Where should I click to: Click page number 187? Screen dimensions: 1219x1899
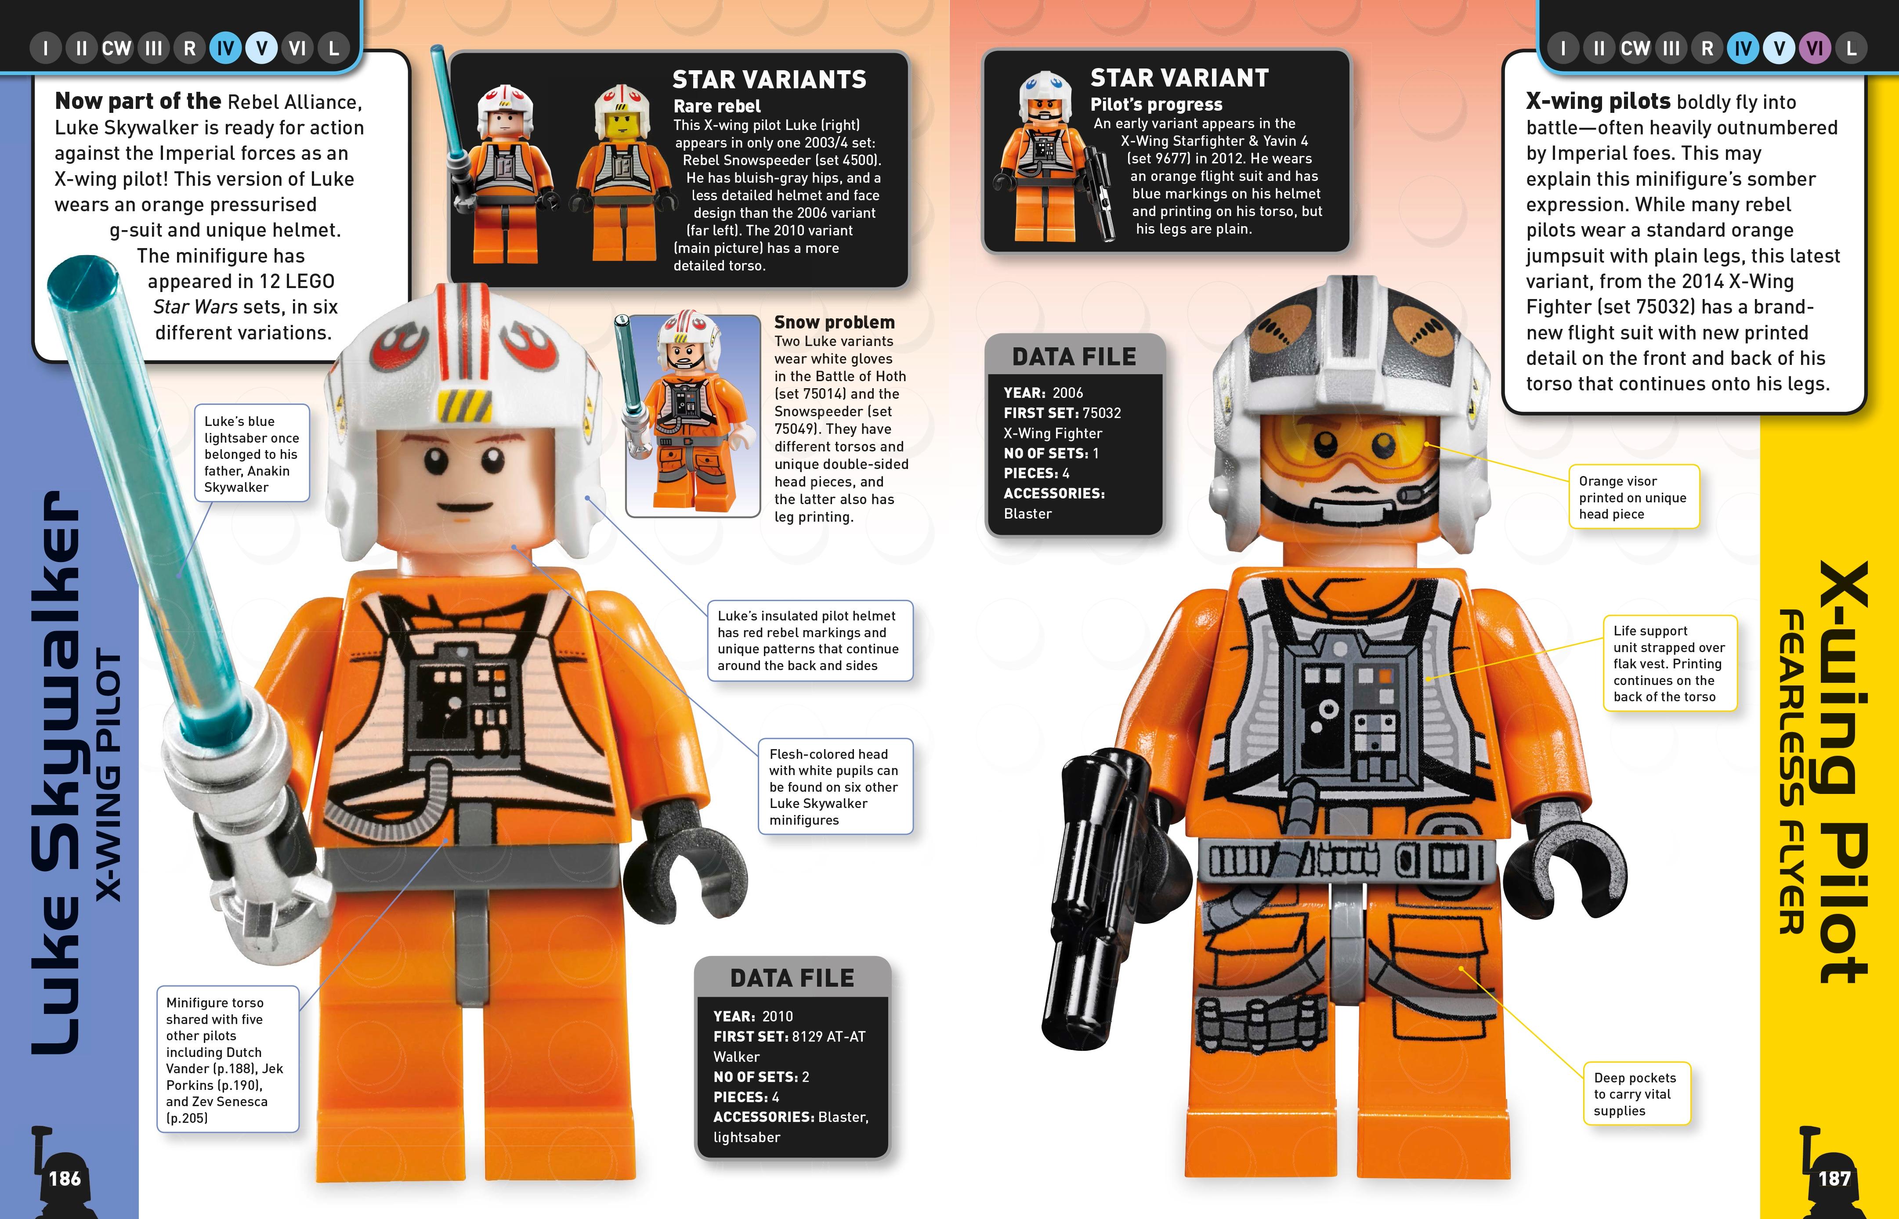(1834, 1179)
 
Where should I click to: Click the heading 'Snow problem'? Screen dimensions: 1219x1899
(834, 322)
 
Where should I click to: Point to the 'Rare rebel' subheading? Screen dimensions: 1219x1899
(716, 106)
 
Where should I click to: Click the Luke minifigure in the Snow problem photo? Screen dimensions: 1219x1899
(686, 411)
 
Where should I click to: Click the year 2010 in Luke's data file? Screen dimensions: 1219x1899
(777, 1017)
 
